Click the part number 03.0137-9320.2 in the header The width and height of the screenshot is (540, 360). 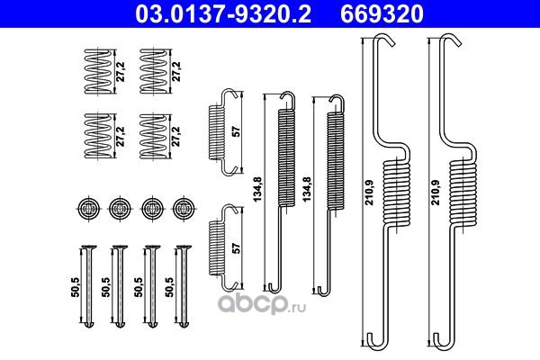[223, 14]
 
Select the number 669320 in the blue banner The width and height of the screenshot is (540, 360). [382, 14]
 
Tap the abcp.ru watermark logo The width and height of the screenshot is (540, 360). [262, 303]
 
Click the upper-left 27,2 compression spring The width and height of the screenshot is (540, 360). [98, 71]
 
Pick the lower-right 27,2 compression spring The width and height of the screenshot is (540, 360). [154, 137]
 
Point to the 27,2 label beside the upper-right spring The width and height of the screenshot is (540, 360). [176, 72]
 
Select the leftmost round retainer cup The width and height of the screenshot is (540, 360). [89, 208]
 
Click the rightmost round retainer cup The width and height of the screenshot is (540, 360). [184, 208]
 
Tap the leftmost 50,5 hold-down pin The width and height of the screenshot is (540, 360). [88, 286]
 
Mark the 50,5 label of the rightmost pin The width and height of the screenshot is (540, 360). [169, 287]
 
